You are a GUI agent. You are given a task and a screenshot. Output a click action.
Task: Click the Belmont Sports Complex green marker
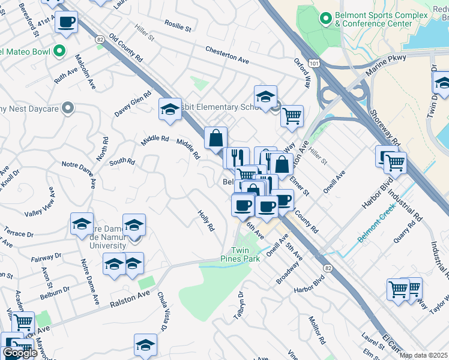tap(326, 19)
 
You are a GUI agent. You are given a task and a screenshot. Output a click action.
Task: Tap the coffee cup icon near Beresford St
tap(66, 23)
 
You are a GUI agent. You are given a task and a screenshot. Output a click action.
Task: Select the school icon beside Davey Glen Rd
tap(170, 109)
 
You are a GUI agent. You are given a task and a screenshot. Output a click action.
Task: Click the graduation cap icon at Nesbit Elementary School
tap(265, 97)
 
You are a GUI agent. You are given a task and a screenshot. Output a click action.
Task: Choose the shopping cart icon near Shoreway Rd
tap(395, 161)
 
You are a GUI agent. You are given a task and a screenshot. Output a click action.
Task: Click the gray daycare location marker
tap(68, 108)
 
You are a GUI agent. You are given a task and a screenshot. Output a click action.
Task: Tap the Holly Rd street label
tap(206, 220)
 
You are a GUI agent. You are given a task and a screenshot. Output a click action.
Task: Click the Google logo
tap(20, 353)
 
